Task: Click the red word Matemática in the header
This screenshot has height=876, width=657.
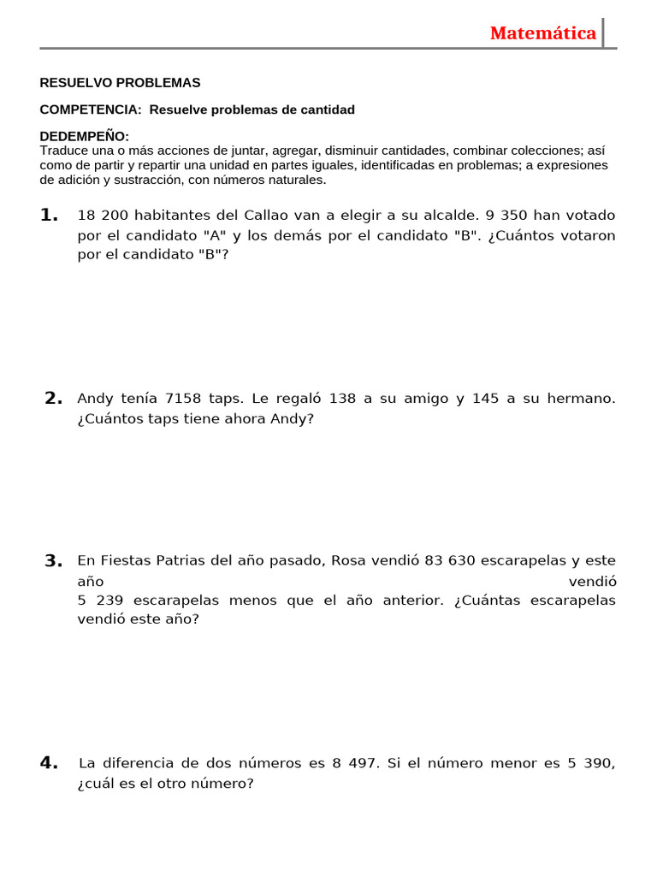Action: click(x=543, y=33)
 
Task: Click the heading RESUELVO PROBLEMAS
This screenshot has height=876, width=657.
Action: click(x=120, y=83)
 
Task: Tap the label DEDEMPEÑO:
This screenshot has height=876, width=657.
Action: click(x=85, y=137)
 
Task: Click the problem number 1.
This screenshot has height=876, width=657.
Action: click(x=49, y=215)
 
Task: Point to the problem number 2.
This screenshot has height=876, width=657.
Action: click(x=53, y=398)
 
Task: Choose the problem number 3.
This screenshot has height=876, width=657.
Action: click(x=53, y=561)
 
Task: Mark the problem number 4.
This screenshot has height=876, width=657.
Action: click(x=49, y=763)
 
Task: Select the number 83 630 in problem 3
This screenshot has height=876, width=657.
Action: click(x=449, y=561)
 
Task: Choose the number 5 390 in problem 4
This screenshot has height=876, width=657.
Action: click(x=590, y=763)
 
